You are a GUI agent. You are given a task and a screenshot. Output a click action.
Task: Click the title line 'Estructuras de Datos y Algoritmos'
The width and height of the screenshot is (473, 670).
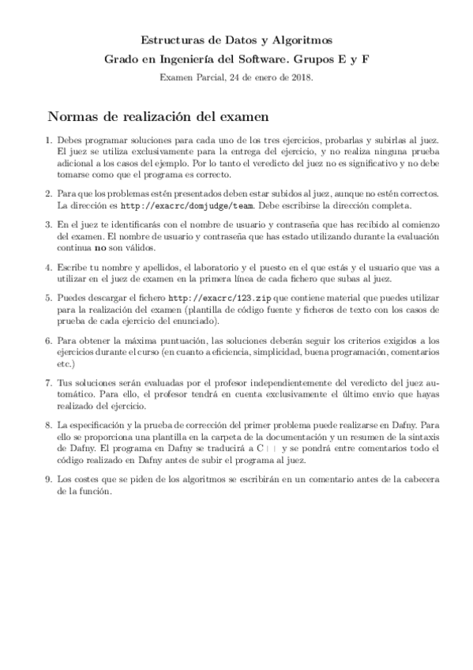coord(236,39)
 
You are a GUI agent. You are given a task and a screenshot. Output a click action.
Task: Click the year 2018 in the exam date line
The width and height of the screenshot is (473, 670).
coord(301,77)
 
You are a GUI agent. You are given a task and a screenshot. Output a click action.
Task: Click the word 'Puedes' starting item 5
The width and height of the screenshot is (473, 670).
coord(73,298)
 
